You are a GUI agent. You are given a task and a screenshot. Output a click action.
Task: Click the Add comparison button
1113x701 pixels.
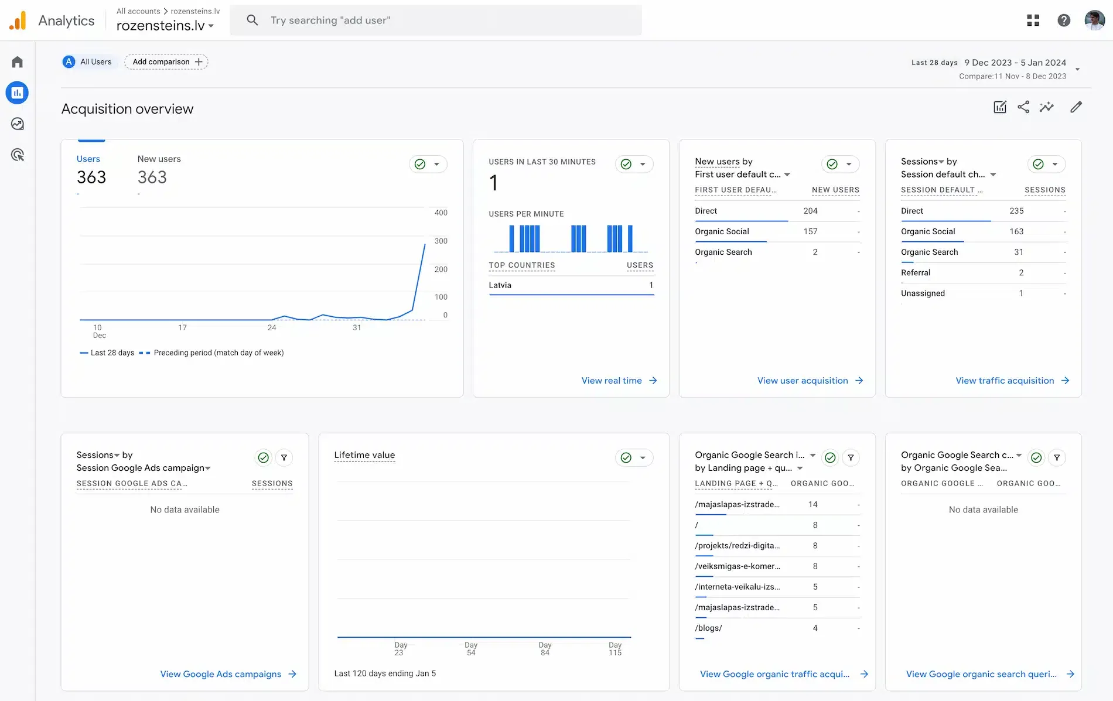(166, 61)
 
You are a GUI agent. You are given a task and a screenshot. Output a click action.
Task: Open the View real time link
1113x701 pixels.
(619, 381)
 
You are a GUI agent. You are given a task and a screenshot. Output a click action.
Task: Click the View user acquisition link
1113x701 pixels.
(810, 381)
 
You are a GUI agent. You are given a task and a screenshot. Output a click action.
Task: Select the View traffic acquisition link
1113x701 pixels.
(1012, 381)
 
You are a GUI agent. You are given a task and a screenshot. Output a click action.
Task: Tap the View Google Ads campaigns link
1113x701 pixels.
(228, 674)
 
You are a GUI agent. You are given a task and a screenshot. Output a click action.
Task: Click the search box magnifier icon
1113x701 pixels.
(252, 20)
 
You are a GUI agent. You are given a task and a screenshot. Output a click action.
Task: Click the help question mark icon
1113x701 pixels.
(1064, 20)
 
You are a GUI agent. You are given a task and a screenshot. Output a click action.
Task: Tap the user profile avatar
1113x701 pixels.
(1094, 20)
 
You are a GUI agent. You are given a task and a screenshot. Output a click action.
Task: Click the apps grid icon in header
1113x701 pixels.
(1033, 20)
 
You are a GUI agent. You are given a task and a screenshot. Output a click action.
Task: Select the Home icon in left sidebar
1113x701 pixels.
(18, 62)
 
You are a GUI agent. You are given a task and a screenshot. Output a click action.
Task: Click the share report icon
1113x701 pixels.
(1023, 107)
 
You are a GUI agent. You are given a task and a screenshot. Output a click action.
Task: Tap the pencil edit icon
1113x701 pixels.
(1076, 107)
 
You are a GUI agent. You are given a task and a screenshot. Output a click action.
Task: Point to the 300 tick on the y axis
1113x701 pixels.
(441, 241)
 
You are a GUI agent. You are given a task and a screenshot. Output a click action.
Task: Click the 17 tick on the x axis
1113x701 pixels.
(183, 327)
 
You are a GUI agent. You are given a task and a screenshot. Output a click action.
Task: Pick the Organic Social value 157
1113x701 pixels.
(810, 231)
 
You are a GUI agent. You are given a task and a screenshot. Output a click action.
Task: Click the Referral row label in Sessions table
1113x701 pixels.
(916, 272)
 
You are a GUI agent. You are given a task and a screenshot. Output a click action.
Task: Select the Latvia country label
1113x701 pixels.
(500, 285)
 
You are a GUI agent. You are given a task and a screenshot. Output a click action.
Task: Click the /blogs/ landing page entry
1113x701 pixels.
(708, 628)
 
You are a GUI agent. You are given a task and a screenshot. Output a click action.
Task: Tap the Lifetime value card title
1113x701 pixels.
(364, 455)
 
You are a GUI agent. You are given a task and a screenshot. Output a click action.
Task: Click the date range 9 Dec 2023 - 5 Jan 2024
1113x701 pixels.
(1015, 63)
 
